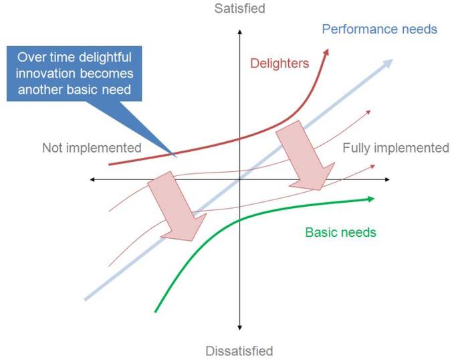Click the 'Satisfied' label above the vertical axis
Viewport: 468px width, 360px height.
click(x=239, y=9)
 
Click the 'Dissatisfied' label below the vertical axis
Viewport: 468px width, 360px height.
click(x=239, y=351)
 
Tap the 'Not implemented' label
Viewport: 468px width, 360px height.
click(x=92, y=148)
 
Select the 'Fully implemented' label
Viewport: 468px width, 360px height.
click(x=396, y=148)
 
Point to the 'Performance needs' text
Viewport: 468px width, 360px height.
click(x=379, y=29)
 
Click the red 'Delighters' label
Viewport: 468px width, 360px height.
click(x=279, y=64)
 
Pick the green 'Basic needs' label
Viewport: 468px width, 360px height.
click(x=340, y=232)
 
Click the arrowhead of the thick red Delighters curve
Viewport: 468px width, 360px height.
click(x=326, y=52)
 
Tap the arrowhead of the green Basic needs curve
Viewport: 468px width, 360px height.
click(x=370, y=199)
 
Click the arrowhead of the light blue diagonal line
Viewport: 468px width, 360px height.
click(x=388, y=63)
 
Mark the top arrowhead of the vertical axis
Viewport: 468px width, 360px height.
click(x=239, y=32)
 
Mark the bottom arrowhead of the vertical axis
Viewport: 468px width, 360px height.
click(x=239, y=328)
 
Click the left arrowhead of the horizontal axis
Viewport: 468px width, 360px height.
click(x=92, y=179)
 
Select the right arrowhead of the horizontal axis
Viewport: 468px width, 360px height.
click(x=387, y=179)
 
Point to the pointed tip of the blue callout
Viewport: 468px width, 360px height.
click(x=176, y=157)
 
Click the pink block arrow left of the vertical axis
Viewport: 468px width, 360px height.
click(x=177, y=206)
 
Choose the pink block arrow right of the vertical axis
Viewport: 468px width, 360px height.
click(x=305, y=155)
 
